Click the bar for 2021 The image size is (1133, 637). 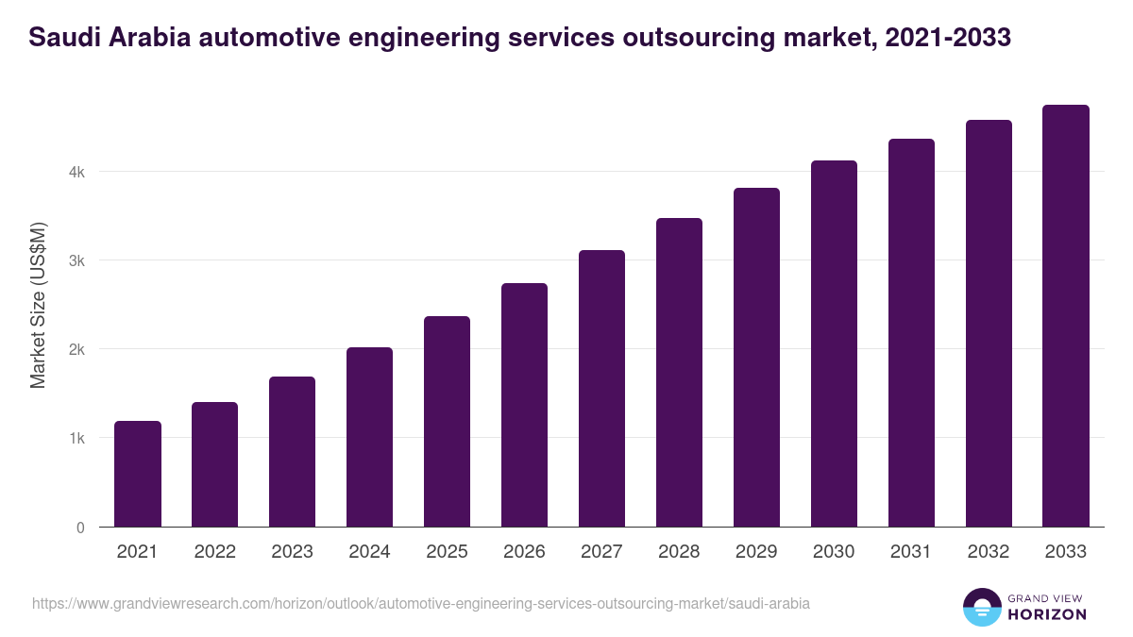tap(138, 474)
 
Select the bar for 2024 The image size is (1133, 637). tap(369, 437)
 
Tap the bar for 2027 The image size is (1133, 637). tap(601, 388)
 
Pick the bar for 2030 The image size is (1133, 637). tap(834, 344)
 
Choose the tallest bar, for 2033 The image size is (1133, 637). tap(1066, 315)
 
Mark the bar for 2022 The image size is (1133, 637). tap(214, 464)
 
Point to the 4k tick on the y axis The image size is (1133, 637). tap(76, 172)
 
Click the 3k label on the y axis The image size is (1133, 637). tap(76, 260)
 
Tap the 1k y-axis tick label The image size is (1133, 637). tap(76, 438)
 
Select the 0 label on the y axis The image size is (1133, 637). tap(80, 528)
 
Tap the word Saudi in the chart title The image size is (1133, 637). tap(59, 37)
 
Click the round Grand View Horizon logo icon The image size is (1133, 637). tap(981, 607)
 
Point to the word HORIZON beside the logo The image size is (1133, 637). tap(1046, 614)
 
